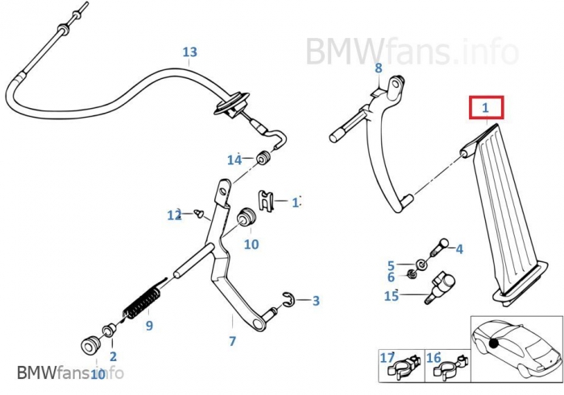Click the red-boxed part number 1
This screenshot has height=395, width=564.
tap(486, 107)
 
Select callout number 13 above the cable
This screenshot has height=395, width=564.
tap(189, 52)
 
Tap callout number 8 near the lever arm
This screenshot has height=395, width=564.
tap(378, 68)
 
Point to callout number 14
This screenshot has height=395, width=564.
tap(234, 160)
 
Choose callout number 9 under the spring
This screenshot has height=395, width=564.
tap(149, 326)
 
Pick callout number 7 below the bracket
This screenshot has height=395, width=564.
tap(232, 341)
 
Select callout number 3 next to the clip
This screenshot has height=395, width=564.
tap(316, 301)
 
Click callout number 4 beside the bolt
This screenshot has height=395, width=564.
tap(459, 249)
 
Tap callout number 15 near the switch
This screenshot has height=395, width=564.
tap(391, 296)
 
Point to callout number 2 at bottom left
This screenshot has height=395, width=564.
tap(113, 355)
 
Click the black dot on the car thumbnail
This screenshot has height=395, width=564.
tap(492, 343)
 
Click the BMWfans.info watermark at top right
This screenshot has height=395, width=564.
tap(411, 51)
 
